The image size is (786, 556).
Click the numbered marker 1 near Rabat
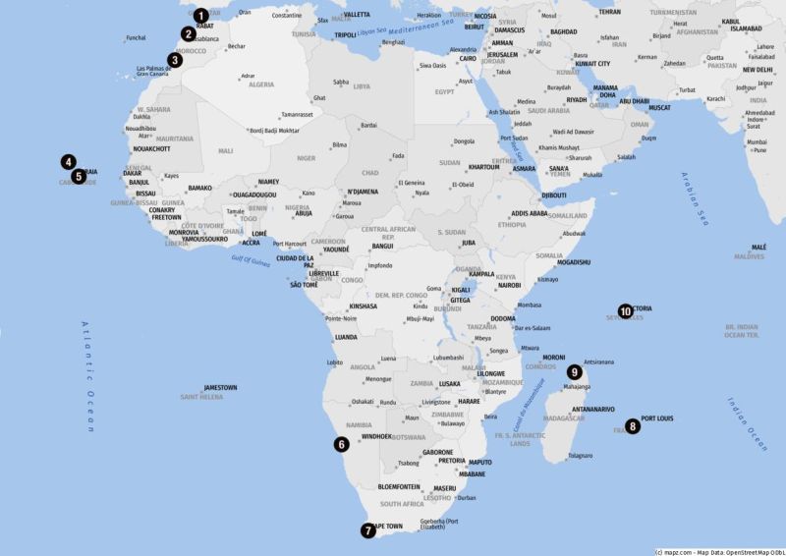[x=200, y=16]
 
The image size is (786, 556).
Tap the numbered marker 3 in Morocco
[x=175, y=60]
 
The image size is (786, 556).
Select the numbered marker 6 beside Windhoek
[x=341, y=444]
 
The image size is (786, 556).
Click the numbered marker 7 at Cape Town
[x=367, y=530]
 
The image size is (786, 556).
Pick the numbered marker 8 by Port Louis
[x=633, y=426]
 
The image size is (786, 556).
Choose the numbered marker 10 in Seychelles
[x=625, y=310]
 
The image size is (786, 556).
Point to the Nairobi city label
[x=509, y=285]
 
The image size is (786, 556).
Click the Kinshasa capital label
[x=363, y=306]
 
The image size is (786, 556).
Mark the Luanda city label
[x=346, y=337]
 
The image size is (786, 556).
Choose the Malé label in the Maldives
[x=758, y=248]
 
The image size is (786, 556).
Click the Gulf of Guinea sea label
[x=251, y=258]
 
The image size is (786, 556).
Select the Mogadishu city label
[x=573, y=262]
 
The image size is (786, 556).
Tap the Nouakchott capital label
[x=151, y=149]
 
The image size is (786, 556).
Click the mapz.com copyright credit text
[x=718, y=551]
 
